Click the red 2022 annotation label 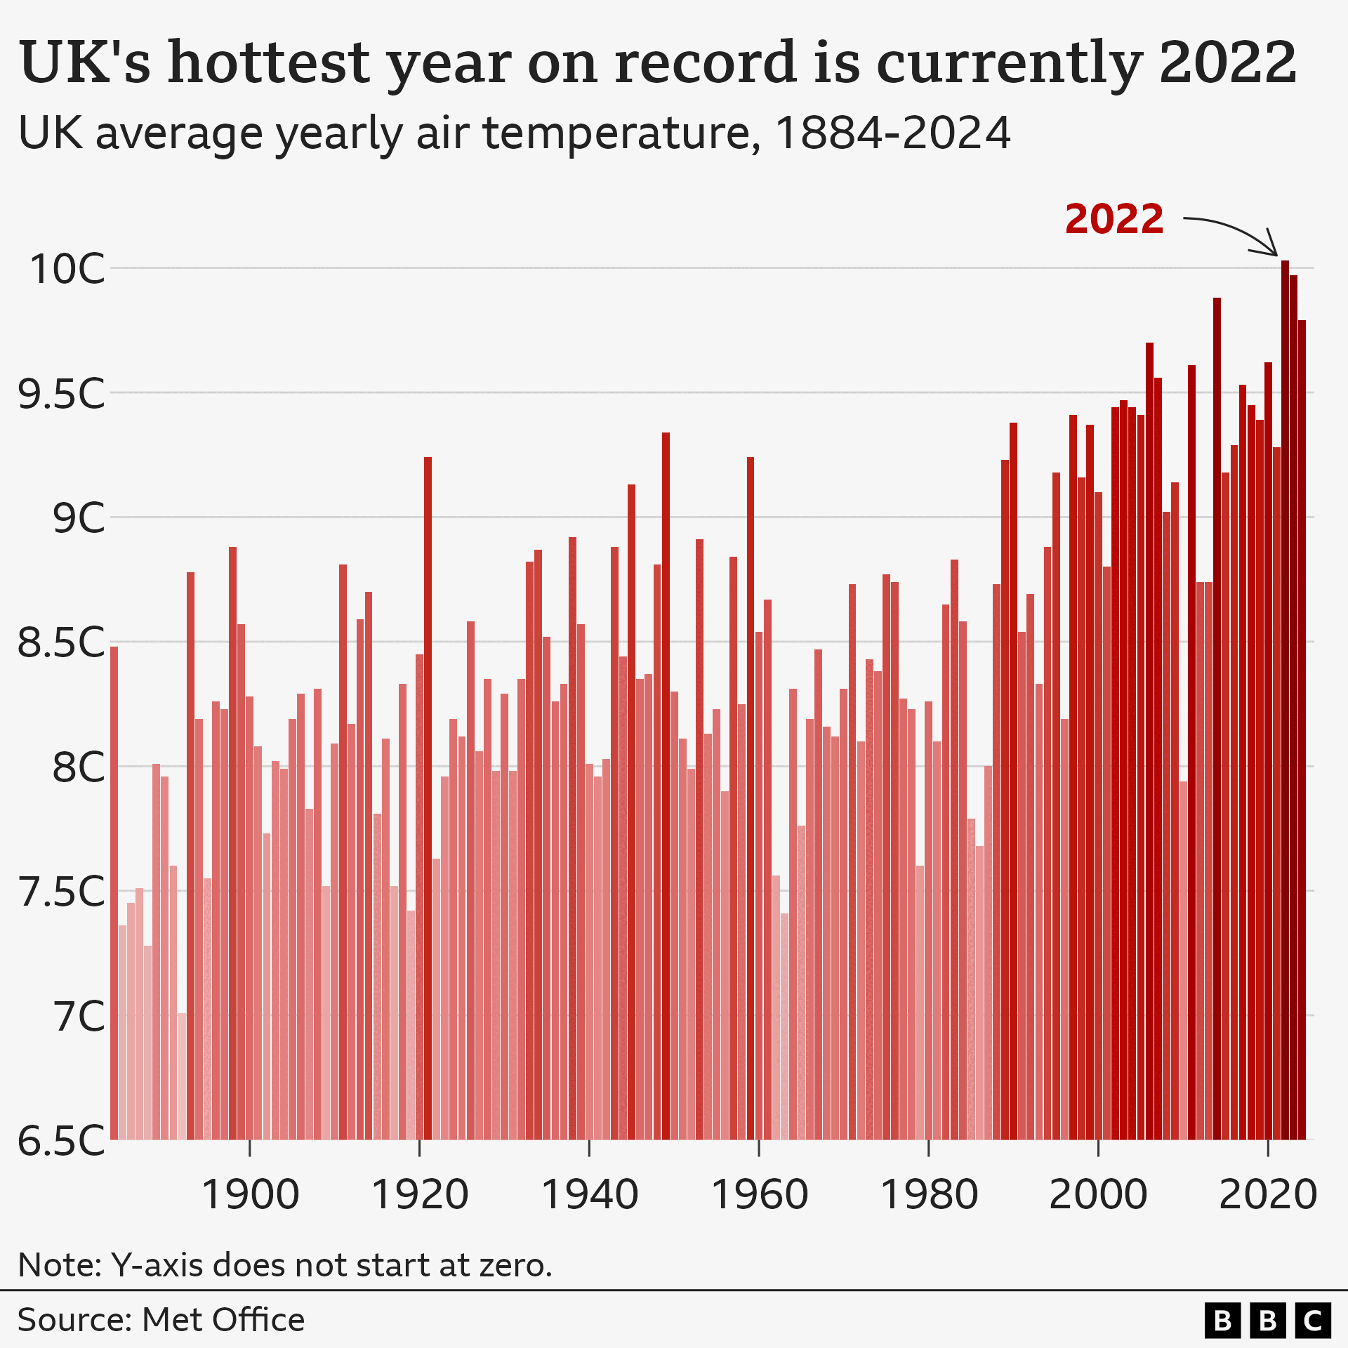[1114, 219]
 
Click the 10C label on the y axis [67, 268]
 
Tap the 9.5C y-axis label [62, 393]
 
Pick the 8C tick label [79, 767]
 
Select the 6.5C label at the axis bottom [62, 1141]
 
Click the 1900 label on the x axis [250, 1194]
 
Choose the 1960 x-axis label [759, 1194]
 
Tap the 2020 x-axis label [1268, 1194]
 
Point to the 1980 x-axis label [929, 1194]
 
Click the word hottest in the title [269, 63]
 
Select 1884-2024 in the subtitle [892, 133]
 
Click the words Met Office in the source [223, 1320]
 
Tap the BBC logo [1267, 1321]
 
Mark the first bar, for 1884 [114, 892]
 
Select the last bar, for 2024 [1302, 730]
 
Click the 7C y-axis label [79, 1016]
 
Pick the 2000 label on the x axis [1098, 1194]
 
